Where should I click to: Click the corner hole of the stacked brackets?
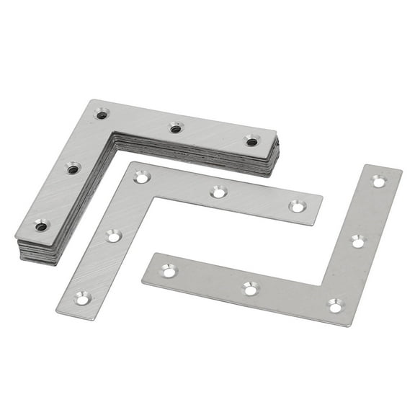click(102, 114)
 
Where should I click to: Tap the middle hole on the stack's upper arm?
click(176, 129)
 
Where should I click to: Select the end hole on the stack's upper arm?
click(251, 141)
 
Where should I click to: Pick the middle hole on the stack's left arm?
click(73, 169)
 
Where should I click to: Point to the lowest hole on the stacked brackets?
click(41, 226)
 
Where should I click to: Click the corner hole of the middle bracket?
click(142, 177)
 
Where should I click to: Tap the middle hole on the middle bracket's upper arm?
click(218, 192)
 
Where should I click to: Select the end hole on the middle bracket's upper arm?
click(296, 207)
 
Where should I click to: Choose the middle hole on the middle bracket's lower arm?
click(114, 236)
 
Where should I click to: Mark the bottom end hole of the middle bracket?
click(83, 297)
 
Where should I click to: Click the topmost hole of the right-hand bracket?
click(379, 181)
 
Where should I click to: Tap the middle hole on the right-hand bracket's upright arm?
click(358, 241)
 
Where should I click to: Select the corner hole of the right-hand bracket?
click(336, 306)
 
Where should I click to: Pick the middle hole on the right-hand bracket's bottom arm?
click(250, 288)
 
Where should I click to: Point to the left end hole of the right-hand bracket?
click(169, 271)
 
